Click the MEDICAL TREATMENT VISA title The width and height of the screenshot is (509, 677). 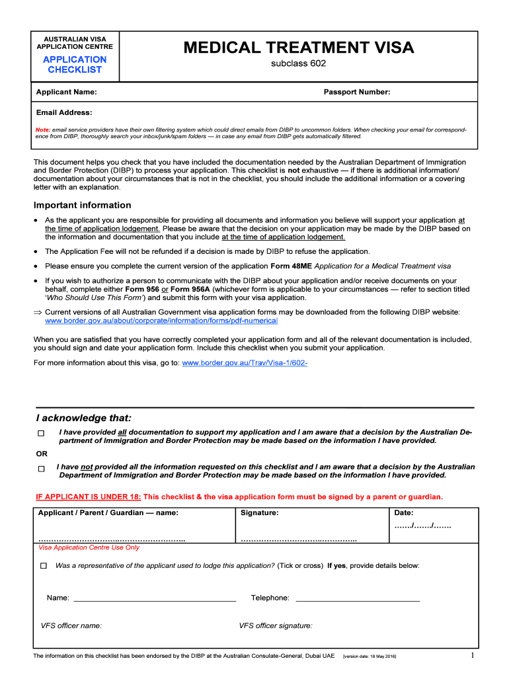[299, 48]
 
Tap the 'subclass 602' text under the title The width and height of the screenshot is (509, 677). [299, 64]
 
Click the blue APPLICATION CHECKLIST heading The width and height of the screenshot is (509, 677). [75, 64]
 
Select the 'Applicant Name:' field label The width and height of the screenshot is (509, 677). [67, 92]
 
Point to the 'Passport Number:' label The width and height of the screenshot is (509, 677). [357, 92]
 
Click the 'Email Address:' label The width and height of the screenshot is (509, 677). [64, 112]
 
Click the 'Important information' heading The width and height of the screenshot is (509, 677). [83, 205]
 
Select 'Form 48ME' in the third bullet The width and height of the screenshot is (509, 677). [291, 266]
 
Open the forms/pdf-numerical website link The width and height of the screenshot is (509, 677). [161, 321]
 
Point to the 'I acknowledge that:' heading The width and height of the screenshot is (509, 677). [83, 418]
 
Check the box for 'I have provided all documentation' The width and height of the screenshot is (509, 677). [41, 434]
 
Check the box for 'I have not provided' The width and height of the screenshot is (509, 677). [41, 469]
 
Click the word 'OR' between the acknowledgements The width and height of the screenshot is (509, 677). [42, 454]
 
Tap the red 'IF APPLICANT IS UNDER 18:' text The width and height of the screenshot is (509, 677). [89, 497]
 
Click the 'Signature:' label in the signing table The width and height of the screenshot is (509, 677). [260, 512]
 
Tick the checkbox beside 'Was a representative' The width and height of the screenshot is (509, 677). [44, 566]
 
